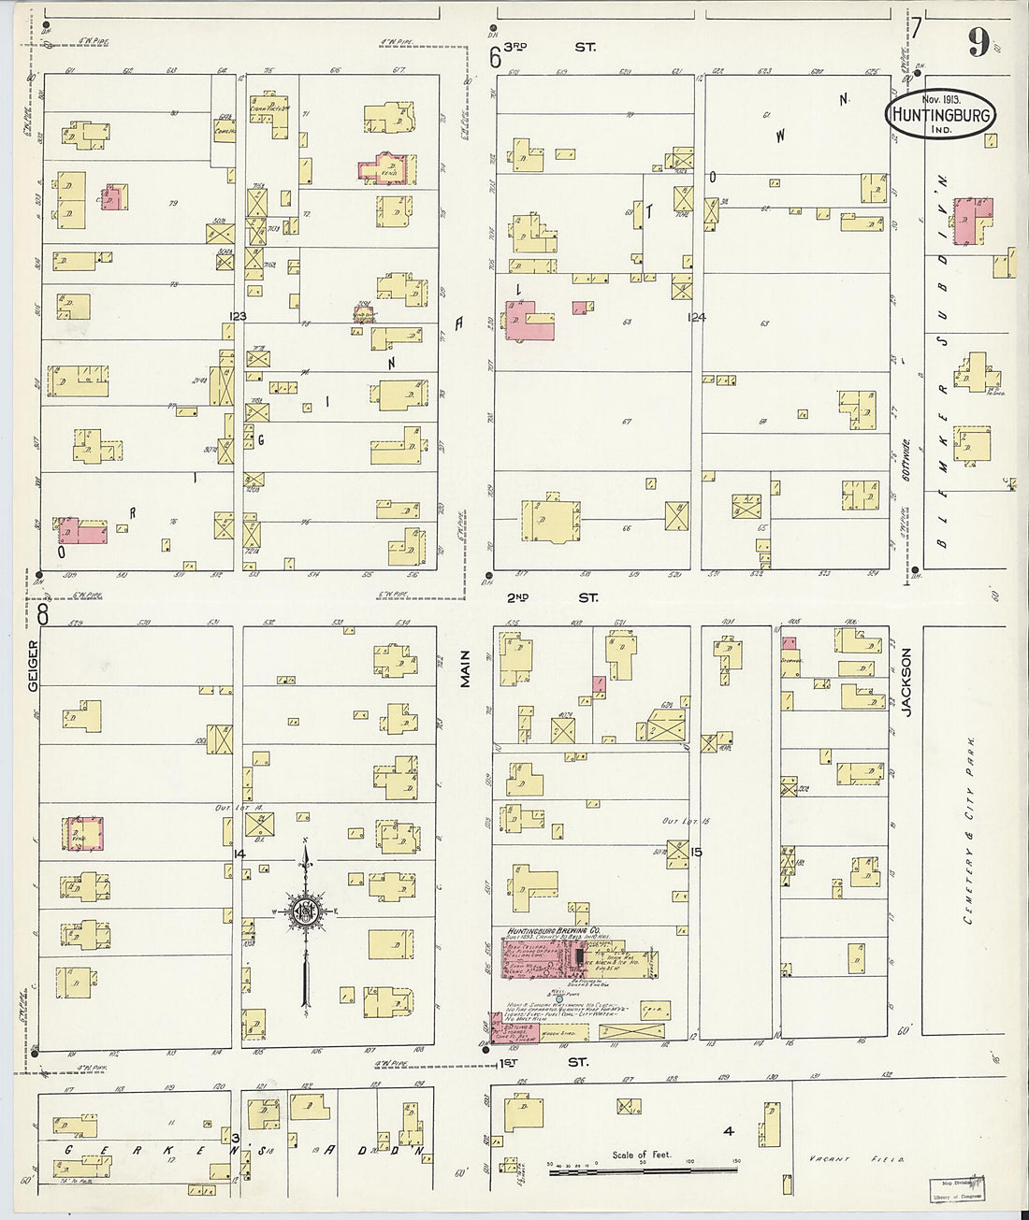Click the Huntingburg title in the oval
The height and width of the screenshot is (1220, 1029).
click(x=940, y=114)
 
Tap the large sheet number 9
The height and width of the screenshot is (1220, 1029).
click(x=979, y=41)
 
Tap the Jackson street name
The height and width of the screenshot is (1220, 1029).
click(x=906, y=682)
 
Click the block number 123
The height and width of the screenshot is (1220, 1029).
click(x=237, y=317)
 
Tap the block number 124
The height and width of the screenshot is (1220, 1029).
click(x=695, y=317)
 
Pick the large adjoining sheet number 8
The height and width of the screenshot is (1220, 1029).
click(x=43, y=614)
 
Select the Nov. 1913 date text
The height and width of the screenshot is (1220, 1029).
click(x=942, y=98)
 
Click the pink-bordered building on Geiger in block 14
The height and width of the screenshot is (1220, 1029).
click(x=82, y=833)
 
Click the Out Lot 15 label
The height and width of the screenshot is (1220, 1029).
click(x=681, y=821)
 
